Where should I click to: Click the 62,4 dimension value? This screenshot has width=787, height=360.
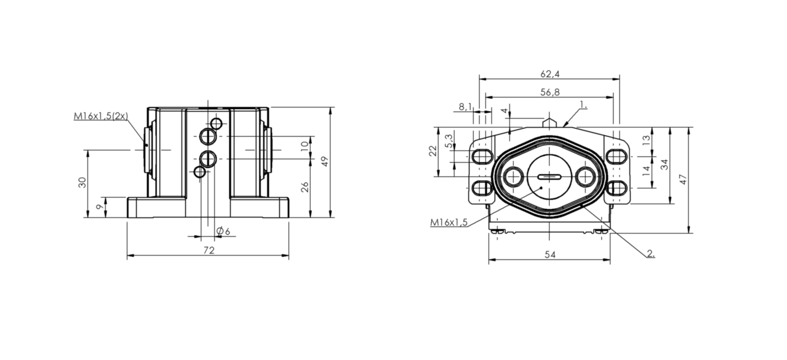tap(550, 74)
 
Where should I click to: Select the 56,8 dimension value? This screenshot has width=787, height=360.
tap(550, 92)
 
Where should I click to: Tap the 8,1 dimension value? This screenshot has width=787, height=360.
tap(465, 107)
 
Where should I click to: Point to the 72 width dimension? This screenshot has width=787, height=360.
tap(209, 250)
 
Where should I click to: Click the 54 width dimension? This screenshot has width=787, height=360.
tap(550, 255)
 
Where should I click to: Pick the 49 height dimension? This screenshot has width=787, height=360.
tap(325, 161)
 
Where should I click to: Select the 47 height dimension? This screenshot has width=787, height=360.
tap(683, 179)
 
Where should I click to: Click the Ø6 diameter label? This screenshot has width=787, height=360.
tap(223, 231)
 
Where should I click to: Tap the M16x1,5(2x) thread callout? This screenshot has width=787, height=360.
tap(101, 116)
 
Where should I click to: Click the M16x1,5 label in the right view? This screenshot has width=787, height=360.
tap(449, 222)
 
